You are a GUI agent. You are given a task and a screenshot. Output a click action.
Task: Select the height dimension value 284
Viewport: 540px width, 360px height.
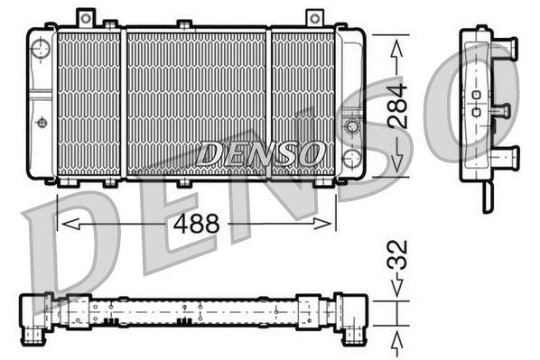398,106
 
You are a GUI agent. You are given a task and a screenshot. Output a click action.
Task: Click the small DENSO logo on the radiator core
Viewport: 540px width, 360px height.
261,154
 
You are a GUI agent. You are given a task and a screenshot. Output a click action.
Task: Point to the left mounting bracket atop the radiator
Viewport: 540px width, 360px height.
87,18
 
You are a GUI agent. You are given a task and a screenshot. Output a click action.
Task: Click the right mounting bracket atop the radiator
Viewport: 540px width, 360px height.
313,18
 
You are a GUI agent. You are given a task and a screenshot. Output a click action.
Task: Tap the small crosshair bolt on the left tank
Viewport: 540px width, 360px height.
41,122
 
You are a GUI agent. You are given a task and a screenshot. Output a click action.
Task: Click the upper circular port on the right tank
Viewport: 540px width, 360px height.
352,126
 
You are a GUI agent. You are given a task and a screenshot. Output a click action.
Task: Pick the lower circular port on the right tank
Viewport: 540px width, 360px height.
352,160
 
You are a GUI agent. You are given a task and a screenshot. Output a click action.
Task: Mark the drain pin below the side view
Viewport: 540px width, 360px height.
487,195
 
